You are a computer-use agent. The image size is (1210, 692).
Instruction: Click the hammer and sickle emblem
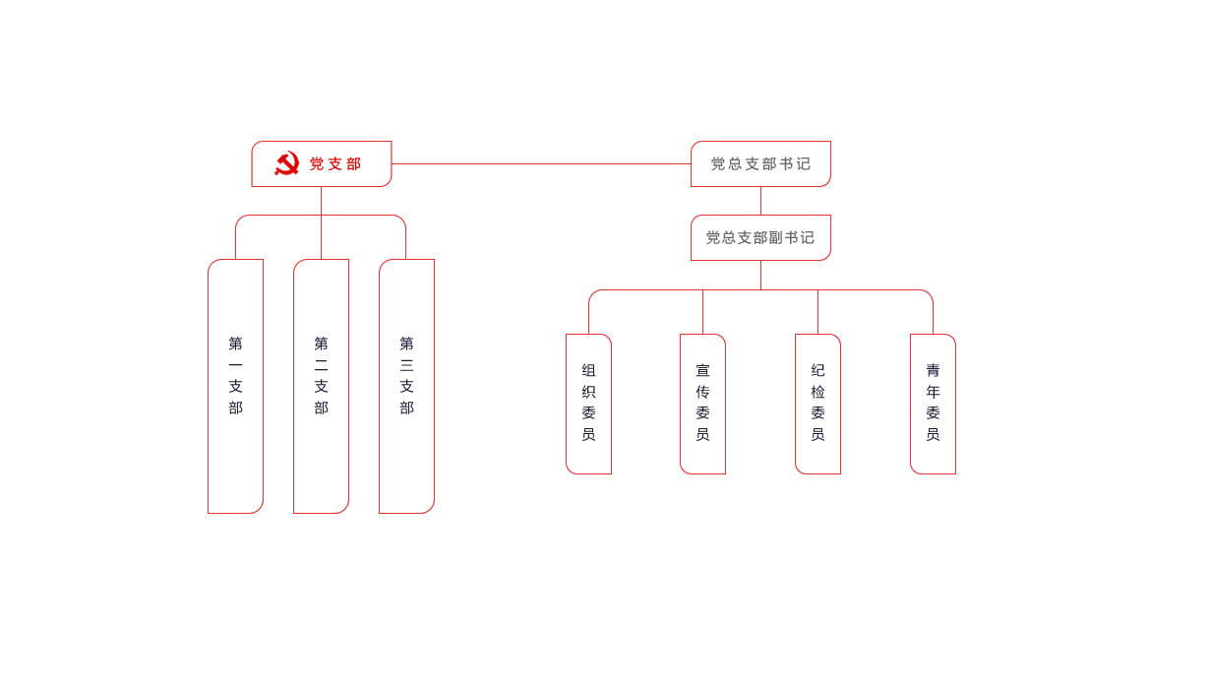coord(286,163)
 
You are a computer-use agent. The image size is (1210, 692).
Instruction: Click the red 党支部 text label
coord(335,164)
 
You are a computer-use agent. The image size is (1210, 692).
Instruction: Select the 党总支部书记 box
coord(760,163)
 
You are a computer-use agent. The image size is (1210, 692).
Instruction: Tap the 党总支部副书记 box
coord(760,237)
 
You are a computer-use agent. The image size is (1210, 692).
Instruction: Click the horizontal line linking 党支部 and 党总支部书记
coord(541,163)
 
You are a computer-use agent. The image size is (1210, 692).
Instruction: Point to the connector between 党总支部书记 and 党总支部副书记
coord(760,201)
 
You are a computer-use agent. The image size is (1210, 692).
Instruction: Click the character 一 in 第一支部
coord(235,365)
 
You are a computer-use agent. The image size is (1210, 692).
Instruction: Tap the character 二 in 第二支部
coord(321,365)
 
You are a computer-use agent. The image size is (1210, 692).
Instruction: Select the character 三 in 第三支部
coord(406,365)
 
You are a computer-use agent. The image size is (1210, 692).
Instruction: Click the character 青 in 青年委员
coord(933,371)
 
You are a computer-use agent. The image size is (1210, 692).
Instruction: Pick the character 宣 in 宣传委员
coord(702,371)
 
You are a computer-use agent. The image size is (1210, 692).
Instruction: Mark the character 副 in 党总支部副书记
coord(773,238)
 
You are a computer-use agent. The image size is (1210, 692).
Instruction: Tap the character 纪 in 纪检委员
coord(817,371)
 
